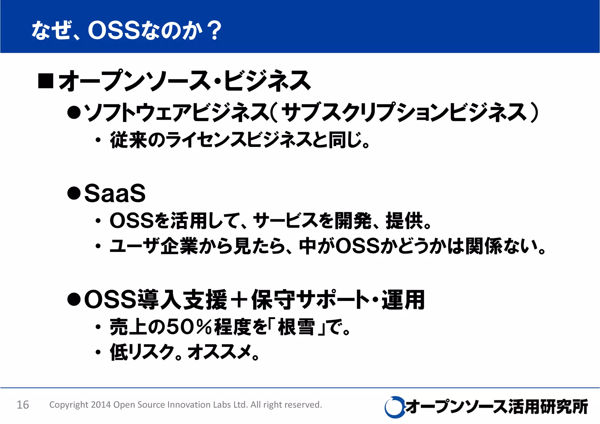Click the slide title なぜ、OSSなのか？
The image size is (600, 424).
point(126,30)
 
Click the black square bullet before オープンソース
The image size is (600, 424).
point(46,81)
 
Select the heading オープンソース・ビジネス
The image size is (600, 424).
point(185,81)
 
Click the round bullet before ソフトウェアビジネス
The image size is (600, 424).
point(74,113)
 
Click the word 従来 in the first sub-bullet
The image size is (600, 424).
point(128,140)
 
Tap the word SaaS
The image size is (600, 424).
point(115,193)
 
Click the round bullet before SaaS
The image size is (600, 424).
point(74,193)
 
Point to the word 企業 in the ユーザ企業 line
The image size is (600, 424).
point(179,246)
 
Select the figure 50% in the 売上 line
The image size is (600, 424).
point(189,327)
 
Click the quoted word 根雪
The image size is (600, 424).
point(296,327)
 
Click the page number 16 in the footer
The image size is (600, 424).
point(23,405)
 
